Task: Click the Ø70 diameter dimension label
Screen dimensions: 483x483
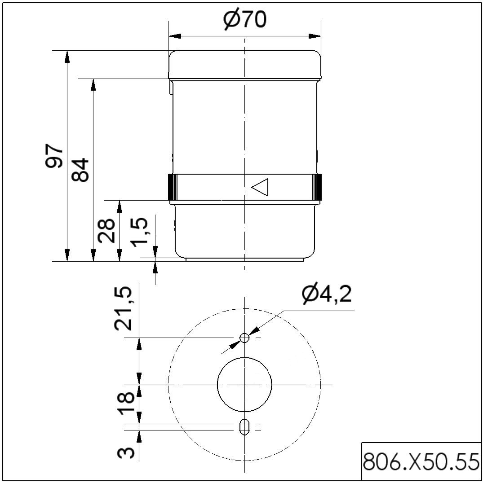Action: pyautogui.click(x=244, y=20)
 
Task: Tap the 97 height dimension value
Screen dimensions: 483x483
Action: pyautogui.click(x=54, y=155)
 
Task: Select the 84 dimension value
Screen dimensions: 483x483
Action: pyautogui.click(x=80, y=170)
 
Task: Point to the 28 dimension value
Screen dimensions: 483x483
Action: pyautogui.click(x=106, y=230)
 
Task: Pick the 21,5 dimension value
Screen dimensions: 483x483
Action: pyautogui.click(x=124, y=308)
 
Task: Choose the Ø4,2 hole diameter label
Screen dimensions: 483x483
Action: pyautogui.click(x=326, y=295)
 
